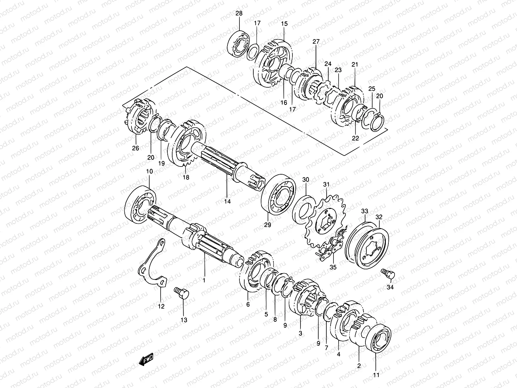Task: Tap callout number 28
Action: (239, 14)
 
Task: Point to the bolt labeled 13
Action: (182, 293)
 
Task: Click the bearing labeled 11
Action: (378, 339)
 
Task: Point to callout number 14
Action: (227, 201)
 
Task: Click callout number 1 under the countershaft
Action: (204, 280)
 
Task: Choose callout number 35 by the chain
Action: (333, 267)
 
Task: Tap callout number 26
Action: (135, 148)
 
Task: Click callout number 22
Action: (355, 138)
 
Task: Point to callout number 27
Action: (316, 42)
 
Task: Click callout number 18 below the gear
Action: (186, 177)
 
